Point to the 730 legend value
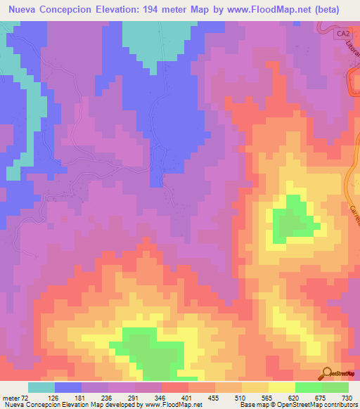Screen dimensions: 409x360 point(347,398)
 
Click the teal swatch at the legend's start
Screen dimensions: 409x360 point(41,387)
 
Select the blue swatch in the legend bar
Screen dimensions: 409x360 point(68,387)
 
